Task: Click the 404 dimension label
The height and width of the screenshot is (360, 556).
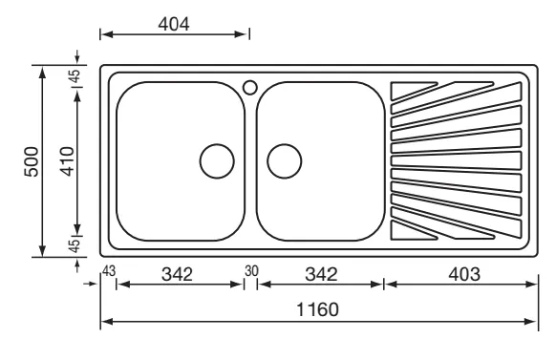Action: pyautogui.click(x=174, y=24)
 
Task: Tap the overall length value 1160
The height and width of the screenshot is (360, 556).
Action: pyautogui.click(x=317, y=309)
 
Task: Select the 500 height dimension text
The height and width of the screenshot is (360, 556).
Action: pyautogui.click(x=32, y=161)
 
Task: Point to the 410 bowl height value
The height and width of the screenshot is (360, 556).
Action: pyautogui.click(x=67, y=161)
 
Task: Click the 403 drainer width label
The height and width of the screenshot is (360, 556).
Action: pyautogui.click(x=464, y=274)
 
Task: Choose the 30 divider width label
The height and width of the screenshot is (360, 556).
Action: pyautogui.click(x=251, y=271)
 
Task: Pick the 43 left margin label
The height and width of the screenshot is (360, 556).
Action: pyautogui.click(x=109, y=271)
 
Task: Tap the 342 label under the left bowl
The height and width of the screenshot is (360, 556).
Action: pyautogui.click(x=177, y=274)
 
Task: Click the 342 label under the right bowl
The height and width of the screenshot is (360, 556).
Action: pyautogui.click(x=321, y=274)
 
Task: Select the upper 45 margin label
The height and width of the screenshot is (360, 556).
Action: pyautogui.click(x=75, y=75)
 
